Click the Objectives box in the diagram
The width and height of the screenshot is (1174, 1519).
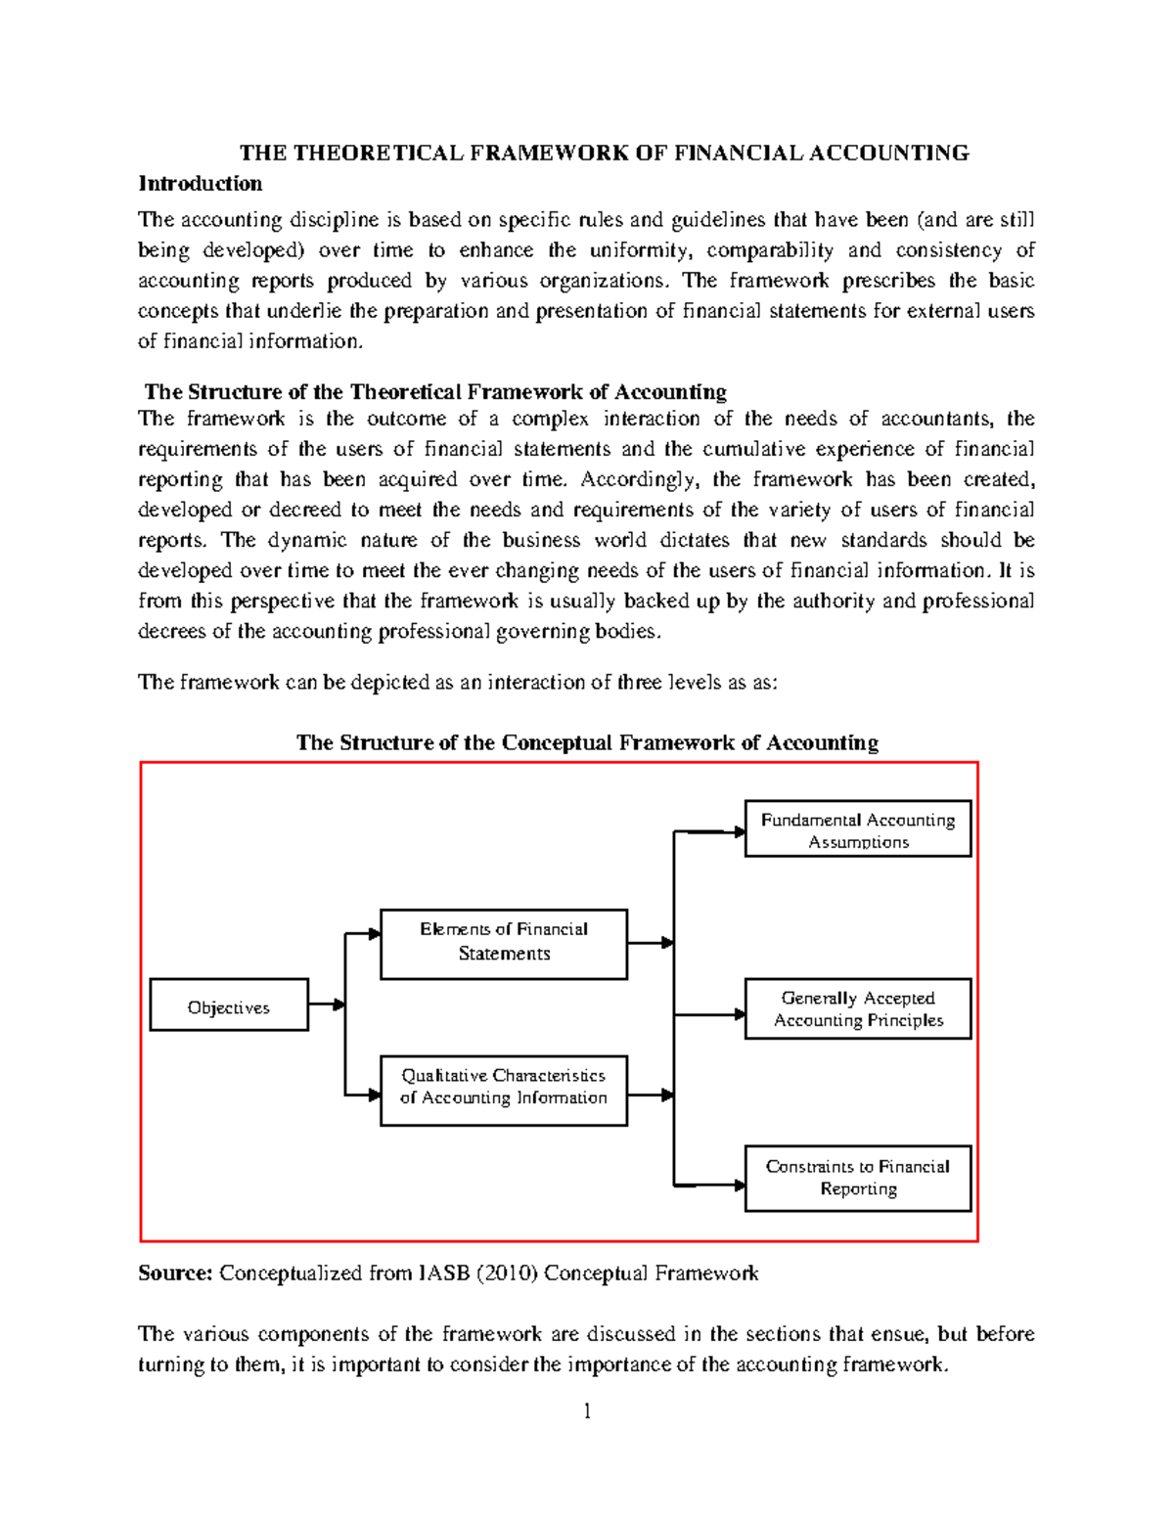tap(229, 1005)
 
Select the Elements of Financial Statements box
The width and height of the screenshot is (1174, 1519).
tap(504, 944)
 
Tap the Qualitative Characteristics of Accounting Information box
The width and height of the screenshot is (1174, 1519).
tap(504, 1091)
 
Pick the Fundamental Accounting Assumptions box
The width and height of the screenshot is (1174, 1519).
tap(858, 829)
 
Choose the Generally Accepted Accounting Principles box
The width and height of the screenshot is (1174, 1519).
tap(858, 1008)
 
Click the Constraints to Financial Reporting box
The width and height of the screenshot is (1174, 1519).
tap(858, 1178)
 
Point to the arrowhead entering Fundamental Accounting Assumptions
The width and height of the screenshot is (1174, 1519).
tap(740, 832)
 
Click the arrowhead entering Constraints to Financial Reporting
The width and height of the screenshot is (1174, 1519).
tap(740, 1185)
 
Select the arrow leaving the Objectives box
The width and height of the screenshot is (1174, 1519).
tap(326, 1005)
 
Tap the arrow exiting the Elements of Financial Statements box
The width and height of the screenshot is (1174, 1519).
tap(651, 943)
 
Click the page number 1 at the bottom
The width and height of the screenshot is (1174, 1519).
tap(587, 1410)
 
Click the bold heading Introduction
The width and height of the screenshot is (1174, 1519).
tap(201, 184)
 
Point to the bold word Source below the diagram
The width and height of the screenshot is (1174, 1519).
tap(174, 1273)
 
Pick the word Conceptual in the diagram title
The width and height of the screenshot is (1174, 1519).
tap(550, 742)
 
